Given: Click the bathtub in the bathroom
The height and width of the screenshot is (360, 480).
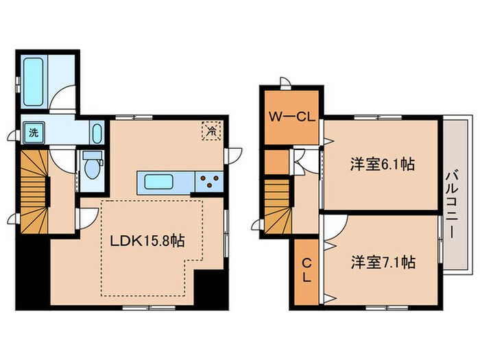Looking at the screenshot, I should pyautogui.click(x=34, y=80).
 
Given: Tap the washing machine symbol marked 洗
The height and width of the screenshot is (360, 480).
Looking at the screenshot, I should pyautogui.click(x=32, y=132).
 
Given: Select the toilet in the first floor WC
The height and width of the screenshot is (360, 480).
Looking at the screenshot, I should pyautogui.click(x=90, y=165).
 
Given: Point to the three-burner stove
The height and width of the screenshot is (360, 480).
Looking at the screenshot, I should pyautogui.click(x=210, y=182).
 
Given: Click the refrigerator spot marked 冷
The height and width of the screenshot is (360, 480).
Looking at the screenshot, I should pyautogui.click(x=212, y=129).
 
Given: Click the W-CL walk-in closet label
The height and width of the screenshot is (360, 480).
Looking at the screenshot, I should pyautogui.click(x=292, y=117).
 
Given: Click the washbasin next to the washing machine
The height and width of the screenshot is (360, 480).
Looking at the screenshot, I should pyautogui.click(x=96, y=132).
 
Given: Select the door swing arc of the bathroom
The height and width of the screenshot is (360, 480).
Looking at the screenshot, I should pyautogui.click(x=65, y=97).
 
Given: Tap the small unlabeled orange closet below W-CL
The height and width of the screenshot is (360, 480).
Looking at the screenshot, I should pyautogui.click(x=276, y=162).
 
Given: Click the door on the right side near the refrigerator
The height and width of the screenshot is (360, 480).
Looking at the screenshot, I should pyautogui.click(x=235, y=155).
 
